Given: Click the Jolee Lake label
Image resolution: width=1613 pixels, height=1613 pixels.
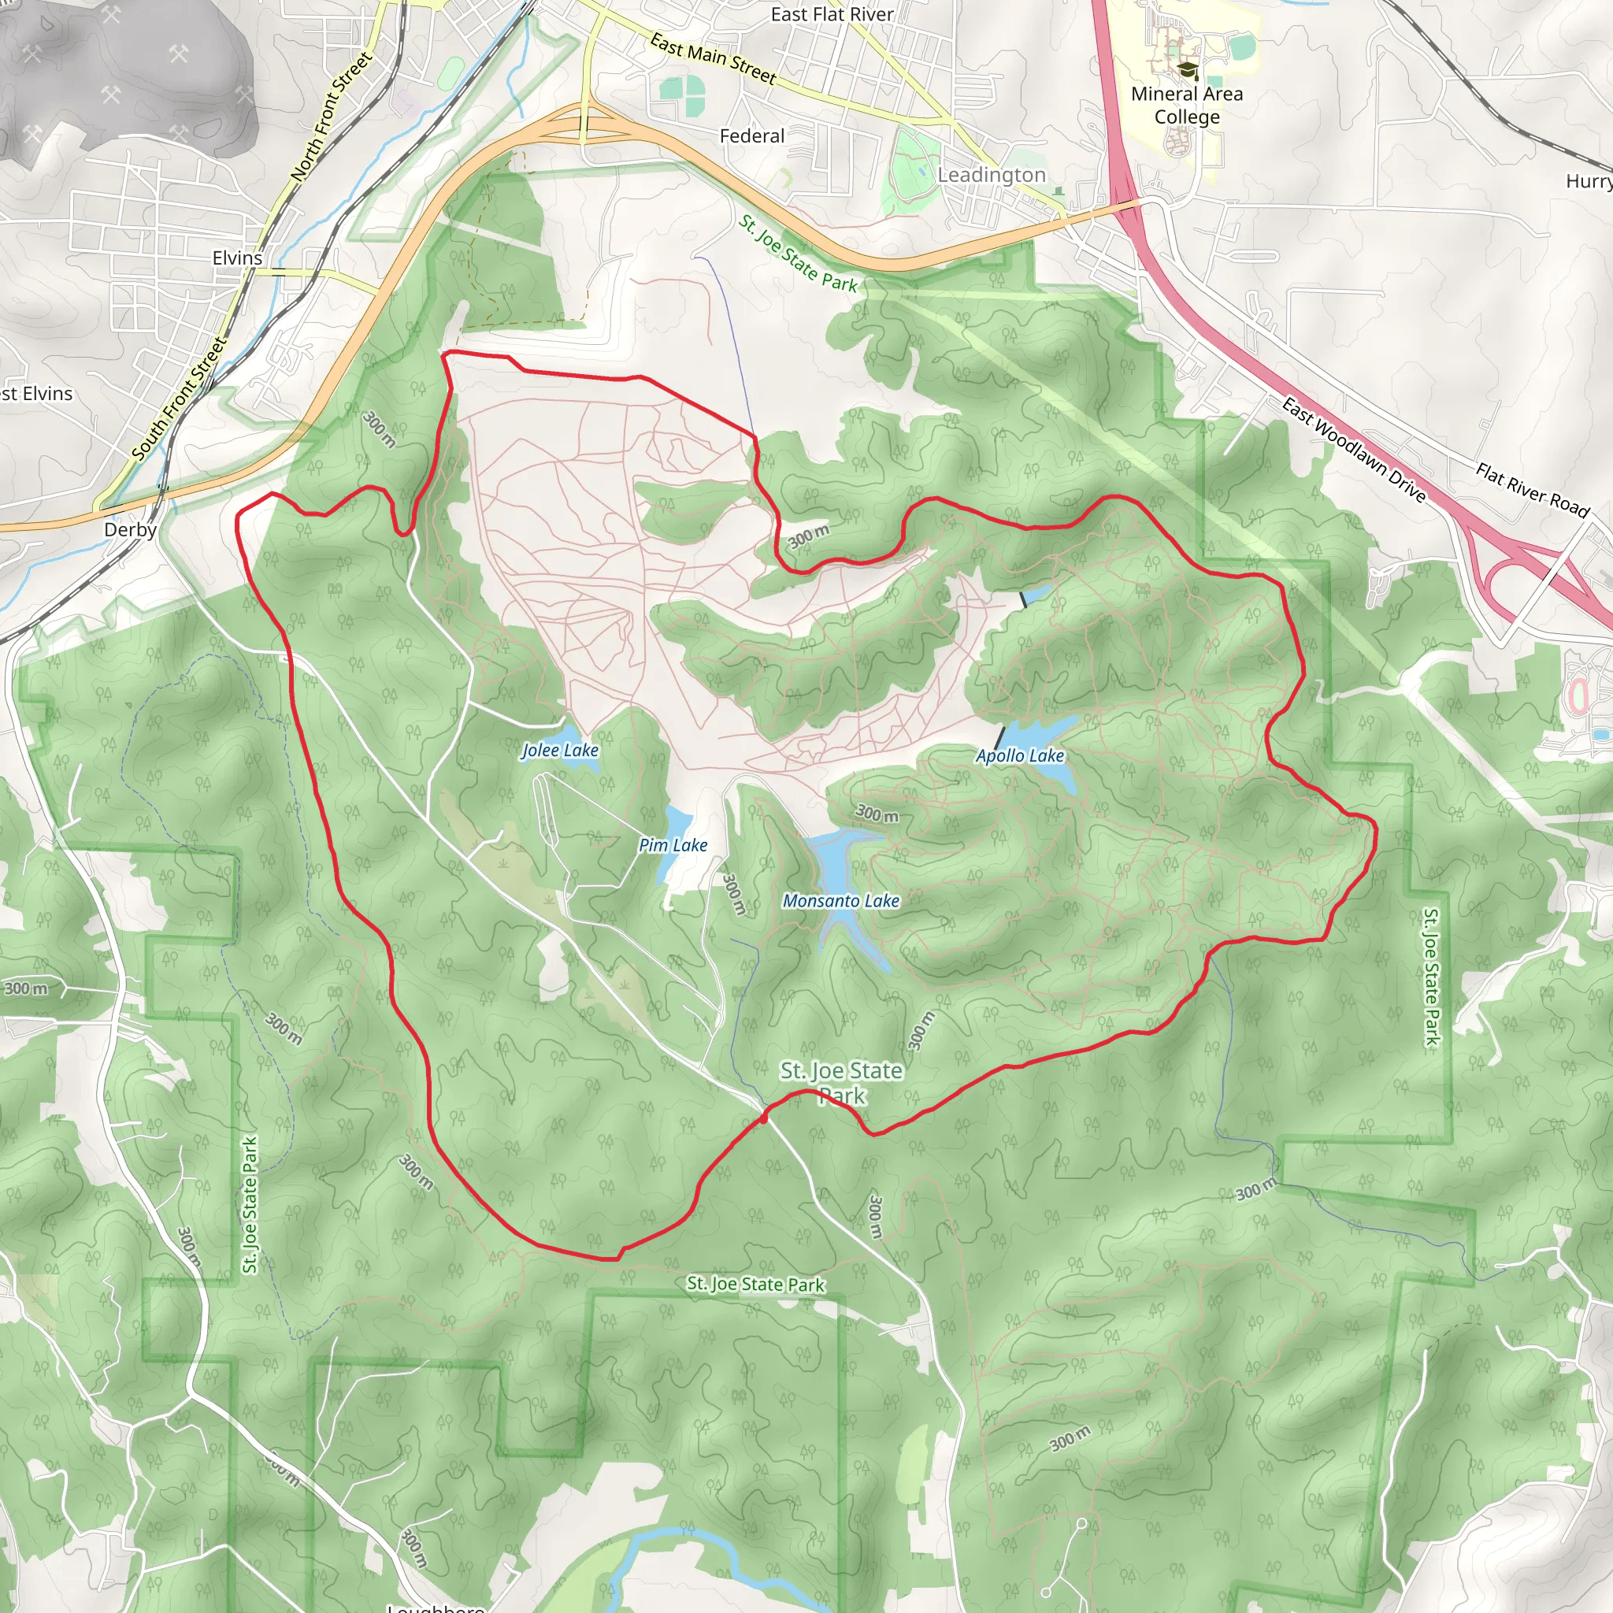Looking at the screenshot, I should [x=560, y=751].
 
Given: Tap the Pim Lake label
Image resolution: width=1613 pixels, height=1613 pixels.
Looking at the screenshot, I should [x=673, y=846].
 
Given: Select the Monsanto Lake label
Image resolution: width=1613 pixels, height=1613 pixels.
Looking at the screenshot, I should [x=840, y=901].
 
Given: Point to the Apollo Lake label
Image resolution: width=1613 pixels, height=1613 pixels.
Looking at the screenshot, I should [x=1020, y=756].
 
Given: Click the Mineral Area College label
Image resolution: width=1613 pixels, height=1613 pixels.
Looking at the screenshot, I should [x=1186, y=106].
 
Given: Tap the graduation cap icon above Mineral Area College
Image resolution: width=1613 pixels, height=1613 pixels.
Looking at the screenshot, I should [x=1186, y=70].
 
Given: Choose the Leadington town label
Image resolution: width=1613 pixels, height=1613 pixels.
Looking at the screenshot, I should [x=991, y=176].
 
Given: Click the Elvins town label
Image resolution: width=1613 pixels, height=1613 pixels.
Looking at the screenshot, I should [x=237, y=258].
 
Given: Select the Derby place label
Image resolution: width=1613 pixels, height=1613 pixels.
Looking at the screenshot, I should [x=130, y=530].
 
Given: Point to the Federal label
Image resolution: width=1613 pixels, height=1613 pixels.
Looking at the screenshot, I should [x=752, y=136].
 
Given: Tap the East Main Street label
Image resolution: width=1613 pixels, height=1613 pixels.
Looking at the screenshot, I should [x=713, y=58].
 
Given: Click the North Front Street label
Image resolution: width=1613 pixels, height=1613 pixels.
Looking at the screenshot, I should [x=332, y=116].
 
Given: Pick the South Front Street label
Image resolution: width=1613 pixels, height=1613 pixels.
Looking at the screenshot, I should [x=180, y=399].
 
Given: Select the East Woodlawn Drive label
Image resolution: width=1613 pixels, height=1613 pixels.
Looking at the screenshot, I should [x=1353, y=450].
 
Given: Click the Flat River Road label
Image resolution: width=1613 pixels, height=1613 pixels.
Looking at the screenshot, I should [x=1532, y=490].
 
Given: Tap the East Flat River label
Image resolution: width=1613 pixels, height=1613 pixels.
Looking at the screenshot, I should [x=832, y=14].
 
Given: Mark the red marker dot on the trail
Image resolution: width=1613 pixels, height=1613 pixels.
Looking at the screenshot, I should [x=764, y=1118].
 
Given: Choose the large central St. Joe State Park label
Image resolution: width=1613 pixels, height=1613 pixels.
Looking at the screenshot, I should [x=842, y=1083].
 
